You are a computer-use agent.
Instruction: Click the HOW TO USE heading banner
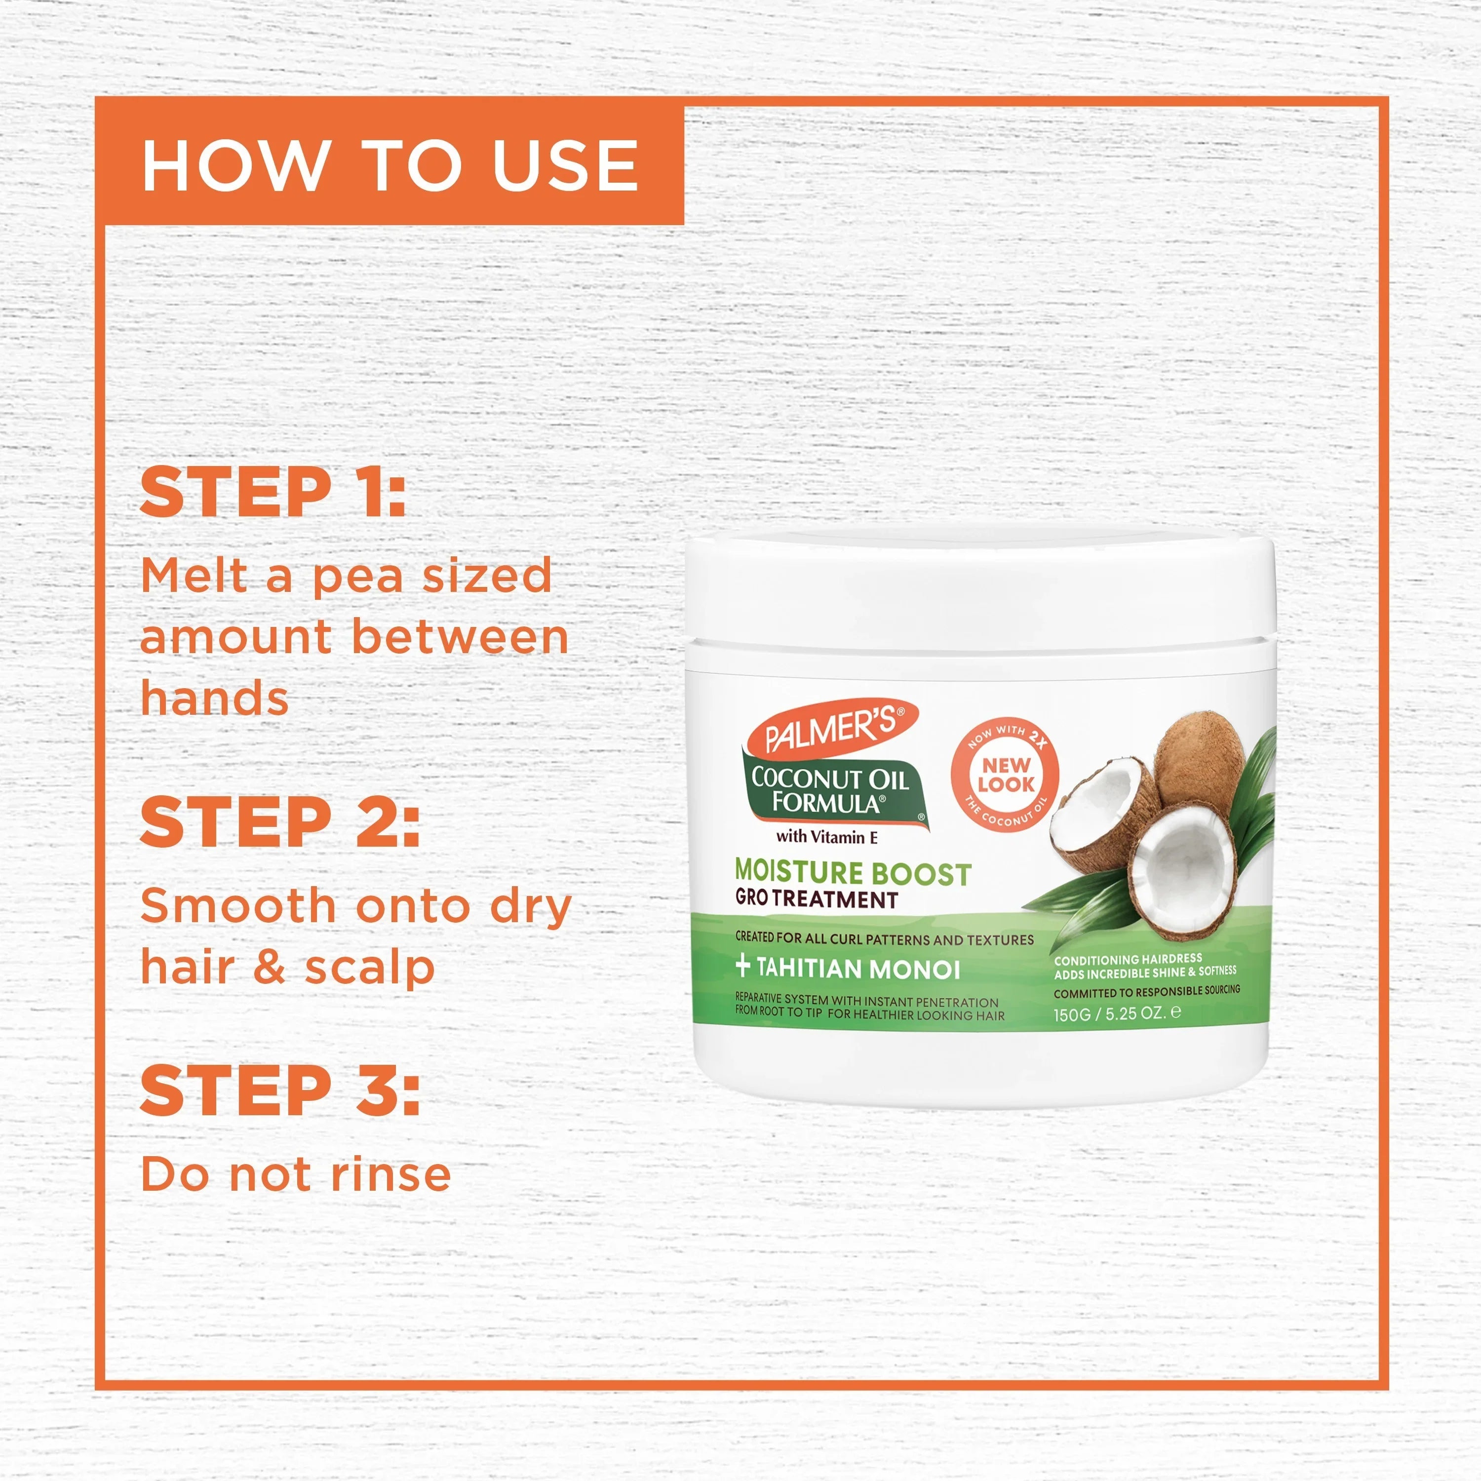coord(390,165)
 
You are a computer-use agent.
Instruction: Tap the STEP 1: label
coord(273,492)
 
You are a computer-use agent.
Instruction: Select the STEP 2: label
coord(280,822)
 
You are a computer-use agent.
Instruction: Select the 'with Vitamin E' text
coord(826,837)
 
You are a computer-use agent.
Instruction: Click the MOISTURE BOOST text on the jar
coord(853,872)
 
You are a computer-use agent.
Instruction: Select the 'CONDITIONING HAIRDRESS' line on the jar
coord(1128,960)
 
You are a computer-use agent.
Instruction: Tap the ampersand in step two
coord(269,968)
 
